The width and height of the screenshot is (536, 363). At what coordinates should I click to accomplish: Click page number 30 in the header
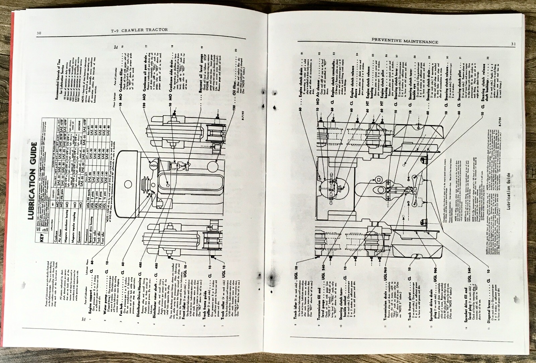tap(39, 33)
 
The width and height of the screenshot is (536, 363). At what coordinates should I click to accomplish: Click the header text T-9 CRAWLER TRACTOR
tap(139, 30)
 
